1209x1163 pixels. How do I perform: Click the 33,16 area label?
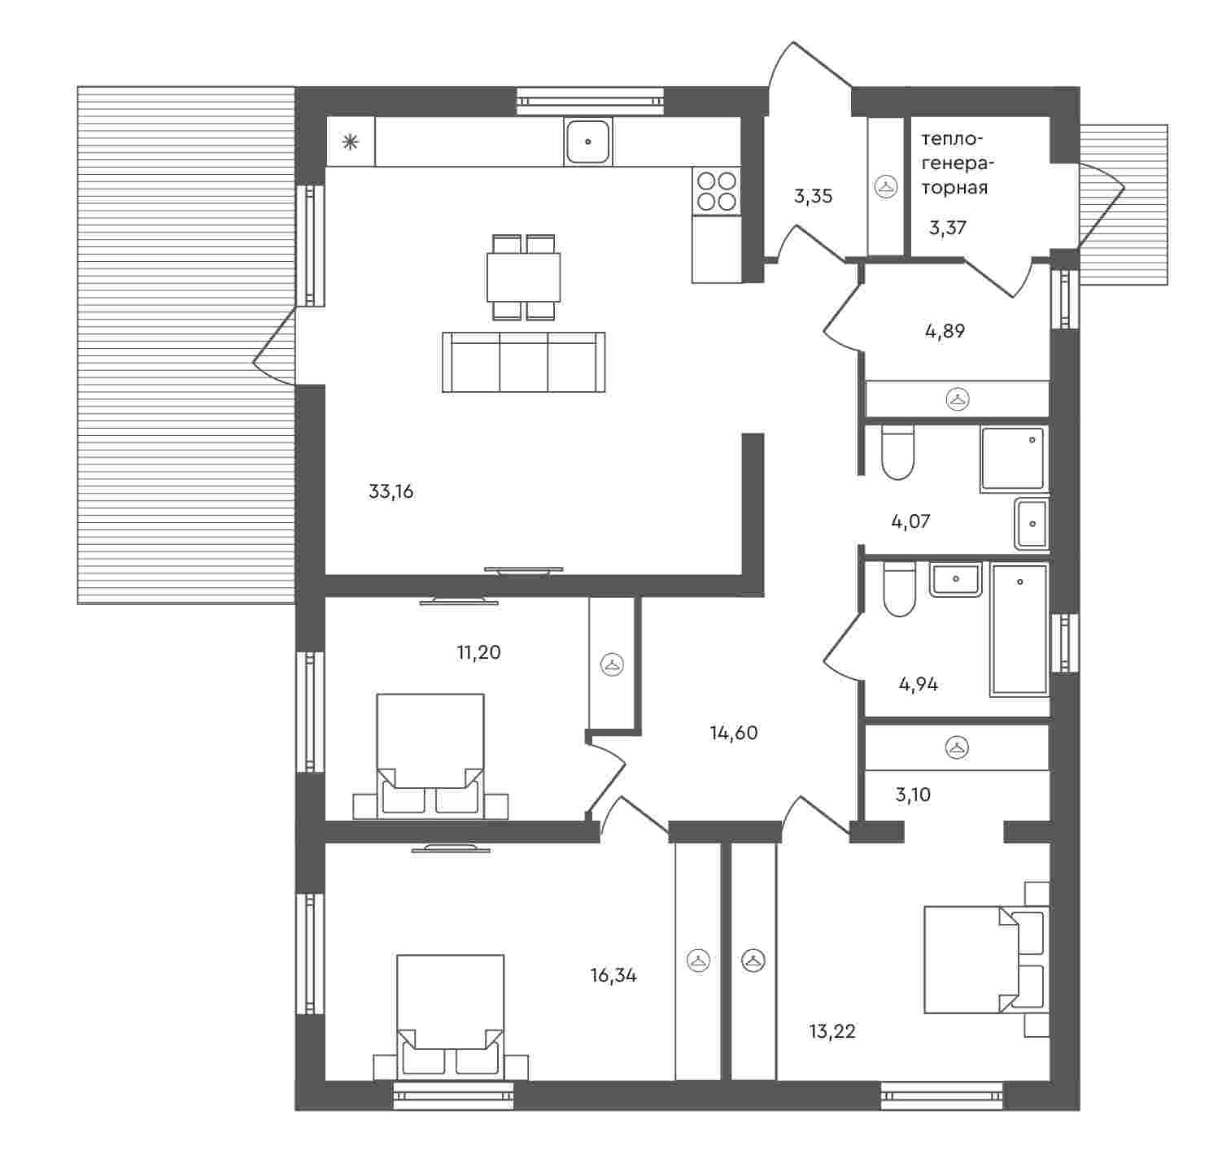point(391,492)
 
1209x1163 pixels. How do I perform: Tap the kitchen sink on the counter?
point(587,142)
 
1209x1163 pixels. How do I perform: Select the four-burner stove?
point(717,191)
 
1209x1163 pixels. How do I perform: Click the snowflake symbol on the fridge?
point(351,143)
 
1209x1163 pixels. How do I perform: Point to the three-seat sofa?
point(523,362)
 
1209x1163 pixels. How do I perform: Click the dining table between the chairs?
point(523,277)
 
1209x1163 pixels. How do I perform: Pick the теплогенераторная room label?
point(958,163)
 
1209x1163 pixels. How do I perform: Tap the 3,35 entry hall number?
point(813,197)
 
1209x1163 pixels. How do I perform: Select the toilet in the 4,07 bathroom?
point(897,452)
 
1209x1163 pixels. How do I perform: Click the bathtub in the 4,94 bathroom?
point(1019,628)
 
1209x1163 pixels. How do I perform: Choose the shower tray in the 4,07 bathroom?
point(1014,459)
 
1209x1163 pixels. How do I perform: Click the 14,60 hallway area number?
point(734,734)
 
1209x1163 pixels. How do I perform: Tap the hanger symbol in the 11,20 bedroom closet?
point(612,665)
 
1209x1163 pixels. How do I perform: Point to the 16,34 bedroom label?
point(613,976)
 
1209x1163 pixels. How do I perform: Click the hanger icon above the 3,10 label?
point(957,747)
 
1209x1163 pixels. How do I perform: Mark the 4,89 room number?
point(945,332)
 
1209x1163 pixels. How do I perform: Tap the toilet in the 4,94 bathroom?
point(898,590)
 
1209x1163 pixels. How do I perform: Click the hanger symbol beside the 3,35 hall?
point(885,187)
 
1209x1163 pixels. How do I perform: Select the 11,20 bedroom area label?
point(478,652)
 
